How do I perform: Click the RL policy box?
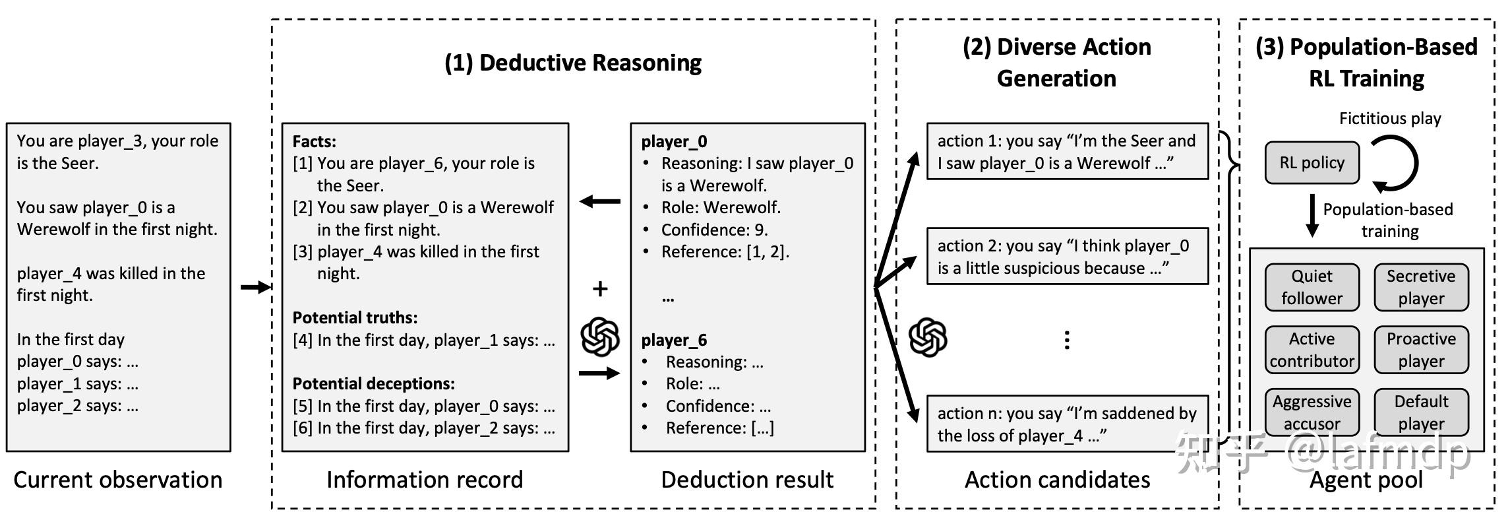click(1312, 163)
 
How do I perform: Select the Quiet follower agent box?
click(1312, 287)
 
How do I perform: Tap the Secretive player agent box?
click(1420, 287)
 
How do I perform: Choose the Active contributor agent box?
click(1312, 350)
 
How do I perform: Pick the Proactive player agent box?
click(1420, 350)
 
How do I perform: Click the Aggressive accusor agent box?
click(1312, 412)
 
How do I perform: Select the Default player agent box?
click(1420, 412)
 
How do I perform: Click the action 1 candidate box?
click(1067, 151)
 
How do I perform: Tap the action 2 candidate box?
click(1067, 256)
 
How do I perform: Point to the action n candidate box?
click(1067, 424)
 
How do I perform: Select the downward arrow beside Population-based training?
click(1312, 215)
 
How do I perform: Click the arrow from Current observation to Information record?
click(255, 287)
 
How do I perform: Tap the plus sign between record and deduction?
click(599, 288)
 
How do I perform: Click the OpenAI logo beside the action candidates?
click(928, 337)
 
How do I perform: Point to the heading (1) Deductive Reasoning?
click(572, 63)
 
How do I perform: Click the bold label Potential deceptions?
click(373, 383)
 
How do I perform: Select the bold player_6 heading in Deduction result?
click(674, 340)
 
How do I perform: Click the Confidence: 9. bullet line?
click(714, 230)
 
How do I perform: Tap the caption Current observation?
click(118, 480)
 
